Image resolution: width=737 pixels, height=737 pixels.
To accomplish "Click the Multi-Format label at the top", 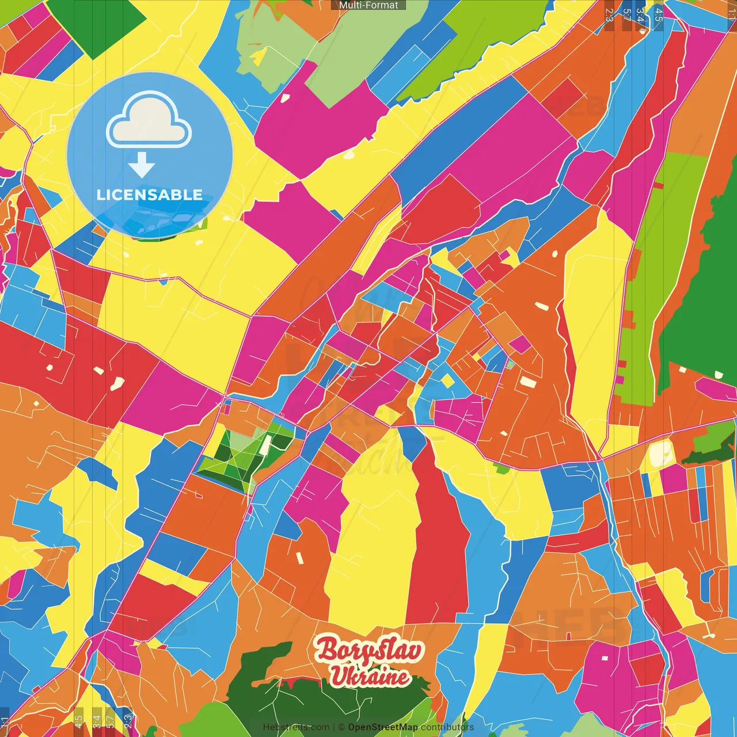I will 368,5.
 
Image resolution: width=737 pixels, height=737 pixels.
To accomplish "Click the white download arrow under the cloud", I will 142,165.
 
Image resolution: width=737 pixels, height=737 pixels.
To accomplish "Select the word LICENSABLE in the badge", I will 150,195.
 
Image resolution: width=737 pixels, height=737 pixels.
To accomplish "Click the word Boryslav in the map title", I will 369,650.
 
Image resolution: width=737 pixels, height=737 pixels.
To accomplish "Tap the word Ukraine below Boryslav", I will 370,676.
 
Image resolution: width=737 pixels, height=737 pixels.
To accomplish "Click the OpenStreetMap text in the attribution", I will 383,727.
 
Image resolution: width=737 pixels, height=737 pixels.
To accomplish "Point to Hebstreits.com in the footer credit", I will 297,727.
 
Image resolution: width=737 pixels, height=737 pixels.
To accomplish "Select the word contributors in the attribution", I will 447,727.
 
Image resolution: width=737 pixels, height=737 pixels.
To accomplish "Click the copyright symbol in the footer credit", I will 341,727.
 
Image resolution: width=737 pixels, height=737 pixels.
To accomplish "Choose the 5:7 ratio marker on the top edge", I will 626,14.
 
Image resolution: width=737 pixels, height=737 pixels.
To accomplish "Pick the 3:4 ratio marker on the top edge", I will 641,14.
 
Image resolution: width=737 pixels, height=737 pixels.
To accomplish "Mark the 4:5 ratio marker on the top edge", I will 659,14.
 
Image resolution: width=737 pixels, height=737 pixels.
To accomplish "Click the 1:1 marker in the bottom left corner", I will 5,722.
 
